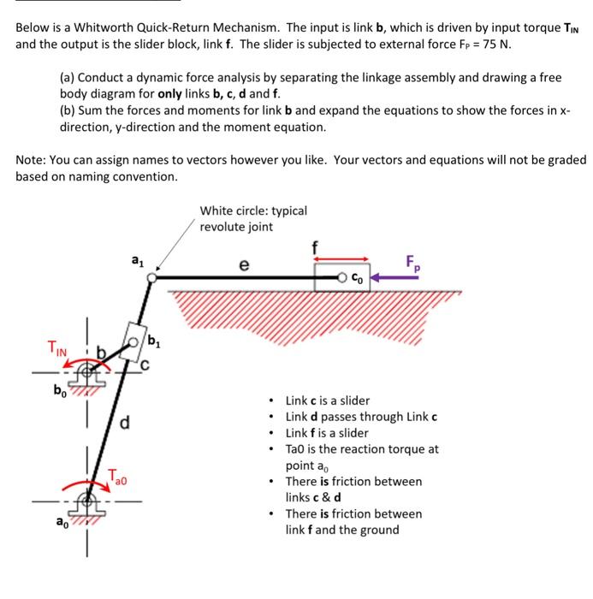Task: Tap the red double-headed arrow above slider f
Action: (343, 258)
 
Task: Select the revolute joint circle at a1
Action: (151, 277)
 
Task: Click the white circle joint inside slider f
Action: (343, 277)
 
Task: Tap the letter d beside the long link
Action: (125, 421)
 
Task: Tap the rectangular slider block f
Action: (342, 277)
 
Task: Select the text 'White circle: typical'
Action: (253, 211)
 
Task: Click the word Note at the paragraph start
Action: (31, 159)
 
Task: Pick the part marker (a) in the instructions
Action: (68, 77)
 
